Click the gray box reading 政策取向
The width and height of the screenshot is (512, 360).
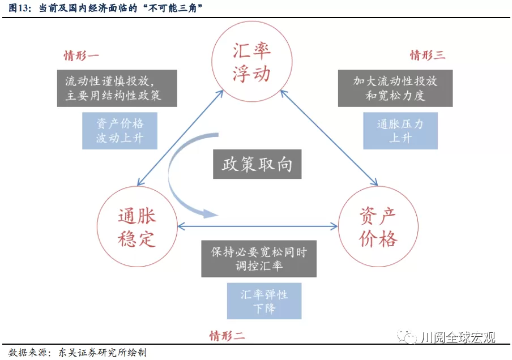257,164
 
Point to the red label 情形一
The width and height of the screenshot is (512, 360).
81,55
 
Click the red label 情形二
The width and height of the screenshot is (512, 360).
227,336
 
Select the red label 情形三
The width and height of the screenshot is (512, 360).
428,55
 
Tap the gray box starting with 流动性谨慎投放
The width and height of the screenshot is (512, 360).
117,88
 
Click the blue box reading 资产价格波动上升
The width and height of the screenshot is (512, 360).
120,131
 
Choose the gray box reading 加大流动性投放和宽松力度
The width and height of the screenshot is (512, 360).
395,88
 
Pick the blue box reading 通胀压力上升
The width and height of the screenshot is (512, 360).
400,131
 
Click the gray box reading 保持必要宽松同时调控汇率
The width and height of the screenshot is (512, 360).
259,259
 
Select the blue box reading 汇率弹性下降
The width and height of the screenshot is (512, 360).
264,301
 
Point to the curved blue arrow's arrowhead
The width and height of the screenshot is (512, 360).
210,214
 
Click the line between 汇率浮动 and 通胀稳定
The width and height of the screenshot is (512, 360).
180,138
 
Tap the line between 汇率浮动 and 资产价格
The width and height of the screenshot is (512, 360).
329,138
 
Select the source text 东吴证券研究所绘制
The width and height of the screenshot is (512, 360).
103,353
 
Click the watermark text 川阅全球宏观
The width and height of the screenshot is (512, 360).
458,337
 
